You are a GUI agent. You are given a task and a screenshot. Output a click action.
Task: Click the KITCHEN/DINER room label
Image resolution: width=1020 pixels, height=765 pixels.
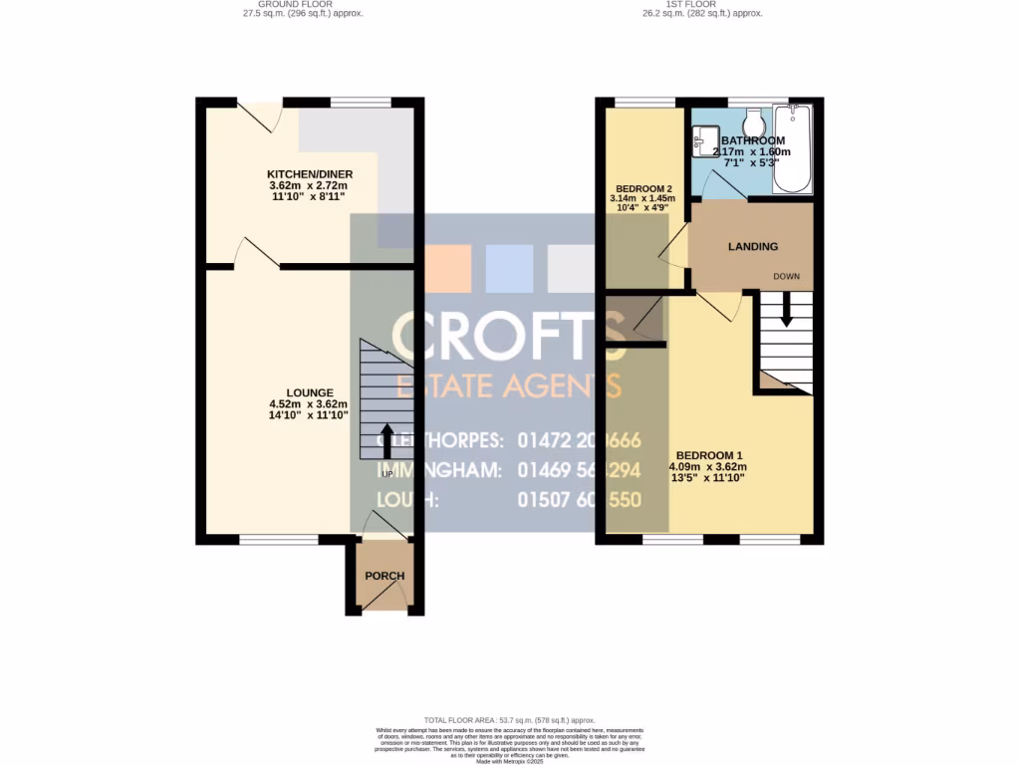311,174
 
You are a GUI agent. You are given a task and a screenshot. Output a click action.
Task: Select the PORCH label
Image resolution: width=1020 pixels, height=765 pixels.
384,576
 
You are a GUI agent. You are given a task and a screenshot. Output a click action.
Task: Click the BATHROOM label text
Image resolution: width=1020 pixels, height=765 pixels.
752,140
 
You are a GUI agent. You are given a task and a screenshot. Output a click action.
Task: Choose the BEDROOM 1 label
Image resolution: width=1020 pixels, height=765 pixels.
708,454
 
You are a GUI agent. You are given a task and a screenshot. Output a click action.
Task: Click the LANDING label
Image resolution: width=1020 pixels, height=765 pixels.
752,246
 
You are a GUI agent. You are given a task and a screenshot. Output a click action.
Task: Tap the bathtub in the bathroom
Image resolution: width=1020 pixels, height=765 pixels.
794,150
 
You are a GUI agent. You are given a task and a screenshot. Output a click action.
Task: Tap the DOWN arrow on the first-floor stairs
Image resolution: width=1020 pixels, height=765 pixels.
787,311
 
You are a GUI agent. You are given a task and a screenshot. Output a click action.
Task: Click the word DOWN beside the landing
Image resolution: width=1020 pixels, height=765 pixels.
787,276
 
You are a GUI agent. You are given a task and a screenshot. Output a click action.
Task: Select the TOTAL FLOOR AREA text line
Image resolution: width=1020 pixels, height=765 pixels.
509,720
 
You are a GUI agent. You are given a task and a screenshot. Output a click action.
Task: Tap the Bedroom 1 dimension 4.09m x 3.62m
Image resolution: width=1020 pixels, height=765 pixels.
708,466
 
